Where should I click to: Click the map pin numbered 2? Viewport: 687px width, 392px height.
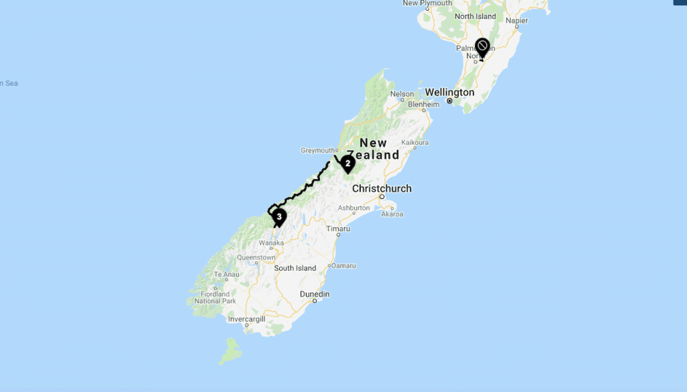coord(348,163)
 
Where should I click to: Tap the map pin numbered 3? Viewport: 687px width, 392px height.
coord(278,216)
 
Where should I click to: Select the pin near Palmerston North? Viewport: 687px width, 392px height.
coord(482,48)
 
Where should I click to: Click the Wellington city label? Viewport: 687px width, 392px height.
coord(449,92)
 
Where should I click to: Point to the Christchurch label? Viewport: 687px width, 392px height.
coord(381,188)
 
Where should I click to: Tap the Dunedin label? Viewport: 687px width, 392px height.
coord(314,294)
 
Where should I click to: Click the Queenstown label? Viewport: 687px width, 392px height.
coord(256,257)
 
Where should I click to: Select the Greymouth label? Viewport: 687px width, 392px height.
coord(318,151)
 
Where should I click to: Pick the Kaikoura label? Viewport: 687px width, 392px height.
coord(414,143)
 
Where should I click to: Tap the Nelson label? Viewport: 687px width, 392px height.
coord(402,94)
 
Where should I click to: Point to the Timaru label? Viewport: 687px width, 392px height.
coord(338,228)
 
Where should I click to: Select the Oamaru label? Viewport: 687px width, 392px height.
coord(344,266)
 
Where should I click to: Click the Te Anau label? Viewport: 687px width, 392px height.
coord(226,275)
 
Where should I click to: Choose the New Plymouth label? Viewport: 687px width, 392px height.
coord(427,3)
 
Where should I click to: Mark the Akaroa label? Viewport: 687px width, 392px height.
coord(392,214)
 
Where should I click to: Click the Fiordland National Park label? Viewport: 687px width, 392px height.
coord(215,298)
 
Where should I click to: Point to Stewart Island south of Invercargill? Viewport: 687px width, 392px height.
coord(231,350)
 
